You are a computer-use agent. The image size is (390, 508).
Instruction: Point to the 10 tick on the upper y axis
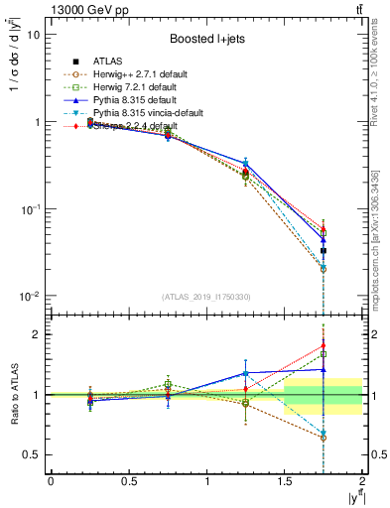point(33,35)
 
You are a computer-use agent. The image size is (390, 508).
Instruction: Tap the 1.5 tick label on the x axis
point(284,482)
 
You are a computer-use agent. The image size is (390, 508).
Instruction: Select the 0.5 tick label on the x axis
point(128,482)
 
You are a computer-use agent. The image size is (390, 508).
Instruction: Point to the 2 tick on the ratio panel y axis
point(37,335)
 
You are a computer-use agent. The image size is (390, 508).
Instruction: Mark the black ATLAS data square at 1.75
point(324,251)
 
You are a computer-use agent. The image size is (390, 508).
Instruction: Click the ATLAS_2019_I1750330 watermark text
point(205,297)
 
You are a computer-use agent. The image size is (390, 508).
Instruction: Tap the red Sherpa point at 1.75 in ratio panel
point(324,346)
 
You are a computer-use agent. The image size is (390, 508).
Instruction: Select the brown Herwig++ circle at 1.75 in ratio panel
point(324,438)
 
